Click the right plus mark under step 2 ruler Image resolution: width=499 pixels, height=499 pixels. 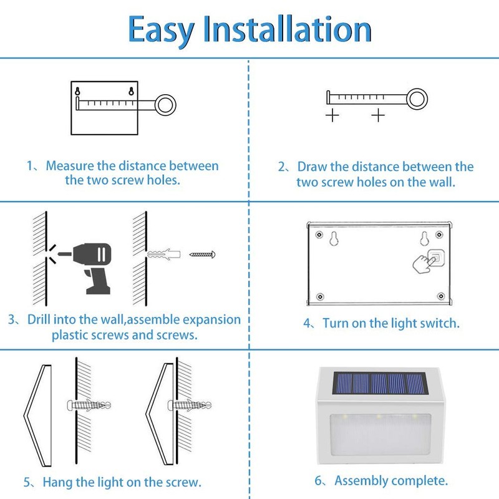379,115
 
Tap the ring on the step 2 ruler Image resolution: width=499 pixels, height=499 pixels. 418,97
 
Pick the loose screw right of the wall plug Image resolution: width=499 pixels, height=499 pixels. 203,254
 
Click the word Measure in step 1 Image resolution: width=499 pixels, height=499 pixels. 69,167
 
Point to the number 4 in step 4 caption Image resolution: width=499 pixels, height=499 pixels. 307,324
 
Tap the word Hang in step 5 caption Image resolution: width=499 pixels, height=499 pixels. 59,482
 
